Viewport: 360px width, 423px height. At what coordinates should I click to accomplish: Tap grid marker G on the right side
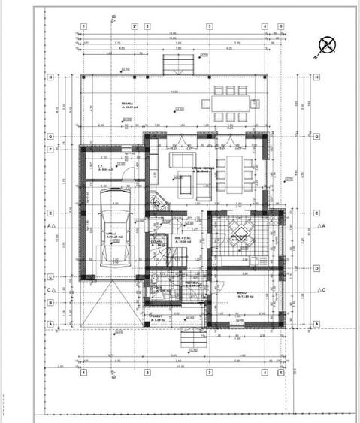coord(317,137)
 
